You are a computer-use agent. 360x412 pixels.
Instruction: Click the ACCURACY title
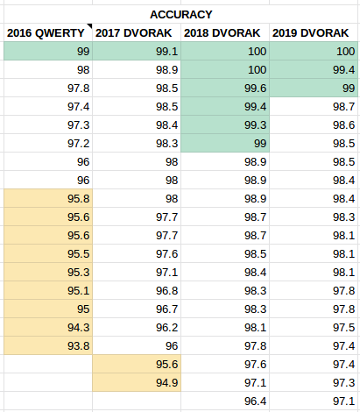[181, 14]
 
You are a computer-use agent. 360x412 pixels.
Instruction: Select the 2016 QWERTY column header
[46, 32]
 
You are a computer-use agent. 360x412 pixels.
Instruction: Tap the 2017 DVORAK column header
[134, 32]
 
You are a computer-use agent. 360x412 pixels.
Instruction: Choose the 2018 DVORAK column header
[222, 32]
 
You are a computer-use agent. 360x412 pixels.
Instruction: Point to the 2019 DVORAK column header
[311, 32]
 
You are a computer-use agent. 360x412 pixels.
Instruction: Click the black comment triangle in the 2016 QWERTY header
[90, 25]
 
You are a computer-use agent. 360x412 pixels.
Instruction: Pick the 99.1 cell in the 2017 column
[137, 51]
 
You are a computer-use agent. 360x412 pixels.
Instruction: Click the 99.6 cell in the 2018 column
[225, 88]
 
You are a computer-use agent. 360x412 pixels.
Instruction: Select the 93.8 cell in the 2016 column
[48, 345]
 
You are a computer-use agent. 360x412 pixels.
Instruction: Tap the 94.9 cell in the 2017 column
[137, 382]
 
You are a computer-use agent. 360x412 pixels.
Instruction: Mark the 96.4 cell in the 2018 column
[225, 401]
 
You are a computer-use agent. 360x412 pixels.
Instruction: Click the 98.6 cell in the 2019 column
[314, 124]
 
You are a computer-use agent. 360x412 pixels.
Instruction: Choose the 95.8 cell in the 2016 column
[48, 198]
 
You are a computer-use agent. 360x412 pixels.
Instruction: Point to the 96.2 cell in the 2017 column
[137, 327]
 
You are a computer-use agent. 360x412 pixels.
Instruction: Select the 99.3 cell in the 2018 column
[225, 124]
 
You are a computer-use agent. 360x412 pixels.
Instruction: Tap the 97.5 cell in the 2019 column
[314, 327]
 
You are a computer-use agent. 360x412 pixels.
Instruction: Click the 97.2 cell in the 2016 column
[48, 143]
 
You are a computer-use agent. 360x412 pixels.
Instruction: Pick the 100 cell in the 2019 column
[314, 51]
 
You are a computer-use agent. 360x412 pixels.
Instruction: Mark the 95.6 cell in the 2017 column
[137, 364]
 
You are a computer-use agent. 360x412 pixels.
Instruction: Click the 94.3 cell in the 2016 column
[48, 327]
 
